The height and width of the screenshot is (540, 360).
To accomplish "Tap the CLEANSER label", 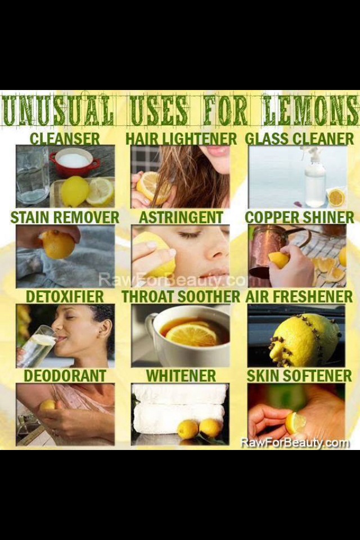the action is [65, 139].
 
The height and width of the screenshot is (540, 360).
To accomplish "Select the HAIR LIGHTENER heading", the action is [181, 139].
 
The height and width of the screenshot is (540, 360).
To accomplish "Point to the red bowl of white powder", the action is [75, 161].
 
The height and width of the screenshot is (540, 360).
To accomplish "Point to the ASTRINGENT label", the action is [181, 218].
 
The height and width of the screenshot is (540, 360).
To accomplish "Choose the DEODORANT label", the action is [65, 376].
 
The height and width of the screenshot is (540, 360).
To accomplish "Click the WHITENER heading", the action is [181, 376].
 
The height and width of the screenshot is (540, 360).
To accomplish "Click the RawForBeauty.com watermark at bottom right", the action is [295, 443].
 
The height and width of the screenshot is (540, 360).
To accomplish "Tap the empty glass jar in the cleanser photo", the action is [32, 176].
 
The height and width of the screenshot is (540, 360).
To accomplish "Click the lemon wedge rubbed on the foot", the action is [295, 422].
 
